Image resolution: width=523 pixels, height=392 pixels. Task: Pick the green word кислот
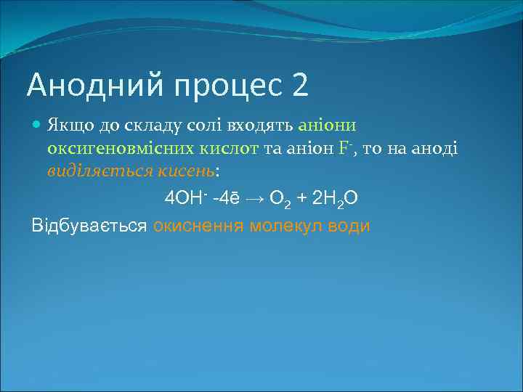pyautogui.click(x=232, y=148)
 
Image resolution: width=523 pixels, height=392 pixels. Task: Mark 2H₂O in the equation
pyautogui.click(x=333, y=198)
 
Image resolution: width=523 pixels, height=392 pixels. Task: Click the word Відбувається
pyautogui.click(x=89, y=225)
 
